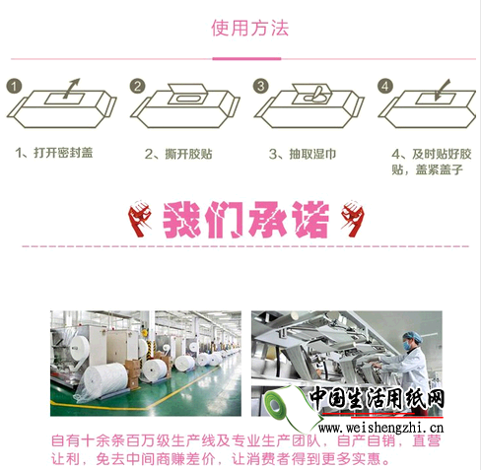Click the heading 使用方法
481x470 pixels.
pos(250,28)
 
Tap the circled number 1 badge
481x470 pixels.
pos(14,87)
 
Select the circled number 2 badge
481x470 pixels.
pos(137,86)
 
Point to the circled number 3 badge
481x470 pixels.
pos(261,86)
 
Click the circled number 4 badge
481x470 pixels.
pos(385,87)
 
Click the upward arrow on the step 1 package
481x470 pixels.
pos(71,88)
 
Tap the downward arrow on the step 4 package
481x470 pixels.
pos(442,90)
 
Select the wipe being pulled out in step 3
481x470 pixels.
pos(315,95)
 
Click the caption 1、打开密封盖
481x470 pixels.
pos(54,153)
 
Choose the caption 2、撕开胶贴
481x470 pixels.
pos(178,154)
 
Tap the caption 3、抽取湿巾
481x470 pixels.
pos(303,154)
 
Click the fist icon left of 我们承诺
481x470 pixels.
pos(140,218)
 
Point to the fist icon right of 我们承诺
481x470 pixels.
pos(353,218)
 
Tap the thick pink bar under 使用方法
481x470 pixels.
pos(246,59)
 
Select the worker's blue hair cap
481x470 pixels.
pos(412,336)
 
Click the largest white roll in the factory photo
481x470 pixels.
pos(104,380)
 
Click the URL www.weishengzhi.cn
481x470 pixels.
pos(381,428)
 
